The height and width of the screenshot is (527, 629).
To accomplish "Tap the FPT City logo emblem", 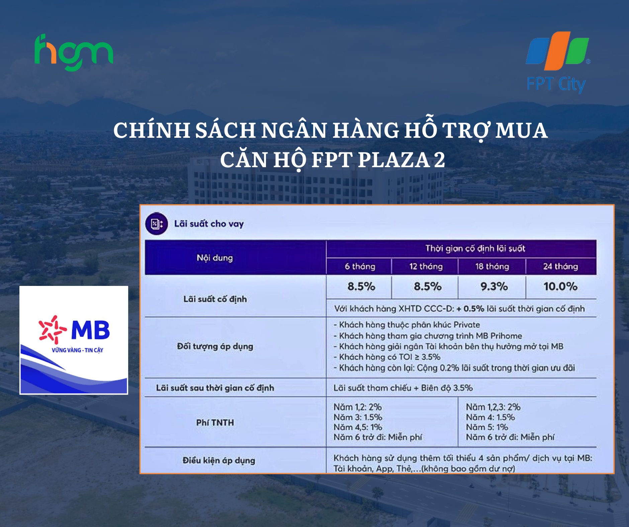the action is [557, 51].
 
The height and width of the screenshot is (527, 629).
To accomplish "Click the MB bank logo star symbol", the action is [52, 330].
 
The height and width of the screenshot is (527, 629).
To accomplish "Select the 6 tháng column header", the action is [360, 267].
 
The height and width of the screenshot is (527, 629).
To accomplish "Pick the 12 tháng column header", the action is [426, 267].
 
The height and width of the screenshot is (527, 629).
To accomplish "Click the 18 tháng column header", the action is [492, 267].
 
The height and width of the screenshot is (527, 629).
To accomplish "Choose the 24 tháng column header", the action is [560, 267].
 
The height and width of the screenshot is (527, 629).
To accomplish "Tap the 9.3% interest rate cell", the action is [494, 287].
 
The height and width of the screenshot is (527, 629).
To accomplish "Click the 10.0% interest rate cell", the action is [560, 287].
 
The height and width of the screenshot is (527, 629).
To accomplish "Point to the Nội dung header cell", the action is [214, 258].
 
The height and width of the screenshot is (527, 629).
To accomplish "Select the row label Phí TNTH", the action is [215, 423].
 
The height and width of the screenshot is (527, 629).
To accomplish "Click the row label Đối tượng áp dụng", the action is [215, 346].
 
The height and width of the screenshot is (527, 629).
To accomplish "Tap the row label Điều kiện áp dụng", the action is [219, 460].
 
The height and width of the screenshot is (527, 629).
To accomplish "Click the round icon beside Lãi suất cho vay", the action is [156, 224].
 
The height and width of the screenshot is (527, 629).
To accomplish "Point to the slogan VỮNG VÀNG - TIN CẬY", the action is [77, 350].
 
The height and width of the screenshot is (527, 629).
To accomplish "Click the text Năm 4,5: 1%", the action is [358, 427].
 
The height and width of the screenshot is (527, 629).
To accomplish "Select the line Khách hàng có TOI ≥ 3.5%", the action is [387, 357].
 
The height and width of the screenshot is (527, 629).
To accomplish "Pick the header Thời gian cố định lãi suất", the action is [475, 248].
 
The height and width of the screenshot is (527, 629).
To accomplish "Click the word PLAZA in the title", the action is [394, 160].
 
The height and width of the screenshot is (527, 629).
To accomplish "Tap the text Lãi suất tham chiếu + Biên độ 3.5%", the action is [403, 388].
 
